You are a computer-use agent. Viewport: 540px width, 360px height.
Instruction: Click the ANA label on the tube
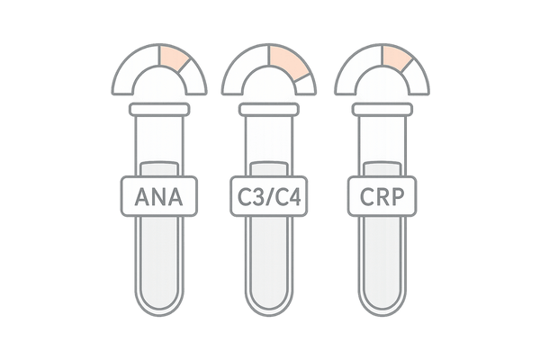159,196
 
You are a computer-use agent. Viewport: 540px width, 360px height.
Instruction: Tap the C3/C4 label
268,196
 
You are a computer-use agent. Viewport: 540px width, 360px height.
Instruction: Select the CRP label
382,196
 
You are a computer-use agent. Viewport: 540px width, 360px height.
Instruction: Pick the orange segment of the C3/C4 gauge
288,62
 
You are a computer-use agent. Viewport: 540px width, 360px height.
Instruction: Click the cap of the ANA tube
159,110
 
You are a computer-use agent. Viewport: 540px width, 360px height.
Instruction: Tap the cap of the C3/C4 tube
268,110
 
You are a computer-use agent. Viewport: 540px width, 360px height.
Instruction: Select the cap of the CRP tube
382,110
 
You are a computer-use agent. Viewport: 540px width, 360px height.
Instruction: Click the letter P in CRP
398,197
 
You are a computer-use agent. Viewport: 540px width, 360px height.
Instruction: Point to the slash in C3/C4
269,197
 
